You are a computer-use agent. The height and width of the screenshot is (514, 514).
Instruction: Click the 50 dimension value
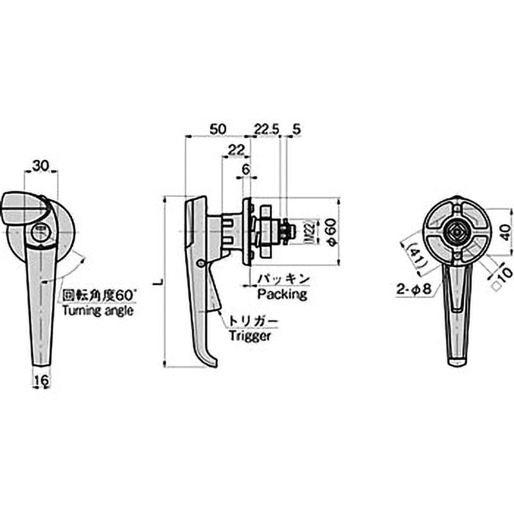coord(218,129)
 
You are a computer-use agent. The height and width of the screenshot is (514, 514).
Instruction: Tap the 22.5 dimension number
coord(267,130)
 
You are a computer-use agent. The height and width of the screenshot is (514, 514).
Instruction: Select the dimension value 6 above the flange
coord(245,170)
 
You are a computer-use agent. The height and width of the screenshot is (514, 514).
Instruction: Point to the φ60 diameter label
coord(332,232)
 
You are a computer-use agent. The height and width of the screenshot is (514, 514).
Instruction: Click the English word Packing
coord(282,294)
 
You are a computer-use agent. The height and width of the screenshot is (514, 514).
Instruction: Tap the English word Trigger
coord(250,336)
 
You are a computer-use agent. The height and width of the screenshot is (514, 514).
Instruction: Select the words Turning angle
coord(98,310)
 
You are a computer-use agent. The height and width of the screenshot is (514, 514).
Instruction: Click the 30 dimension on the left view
coord(40,166)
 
